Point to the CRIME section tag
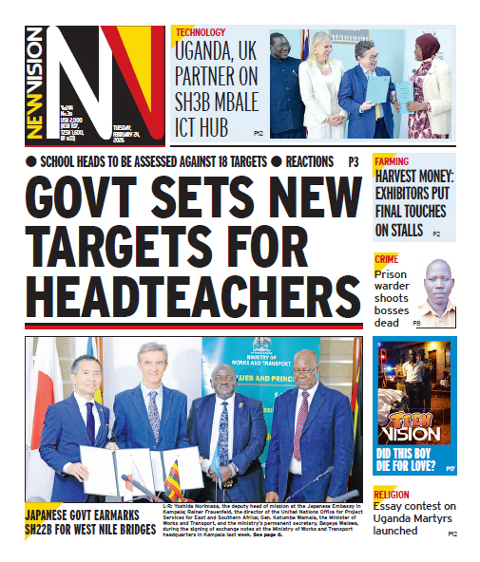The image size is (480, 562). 387,258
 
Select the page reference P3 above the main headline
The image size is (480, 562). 354,162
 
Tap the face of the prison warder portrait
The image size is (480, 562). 436,282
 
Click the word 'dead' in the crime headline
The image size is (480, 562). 386,323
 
